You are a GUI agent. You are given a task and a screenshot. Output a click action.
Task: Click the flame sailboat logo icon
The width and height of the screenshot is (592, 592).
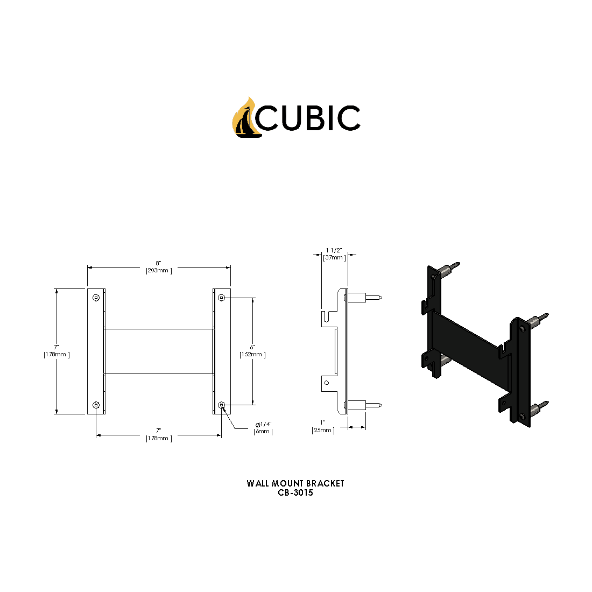[x=245, y=118]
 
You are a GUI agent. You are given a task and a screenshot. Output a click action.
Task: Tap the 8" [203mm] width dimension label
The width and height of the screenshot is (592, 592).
[x=159, y=267]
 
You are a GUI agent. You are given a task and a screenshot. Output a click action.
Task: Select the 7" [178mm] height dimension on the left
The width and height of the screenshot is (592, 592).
[x=57, y=351]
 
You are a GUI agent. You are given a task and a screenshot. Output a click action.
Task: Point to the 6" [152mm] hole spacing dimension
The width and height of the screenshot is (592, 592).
[x=252, y=351]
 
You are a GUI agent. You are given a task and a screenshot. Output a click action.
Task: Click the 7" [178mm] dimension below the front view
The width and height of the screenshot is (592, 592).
[x=159, y=435]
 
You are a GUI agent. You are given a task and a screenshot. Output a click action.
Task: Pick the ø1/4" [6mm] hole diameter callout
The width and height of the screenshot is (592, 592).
[x=263, y=428]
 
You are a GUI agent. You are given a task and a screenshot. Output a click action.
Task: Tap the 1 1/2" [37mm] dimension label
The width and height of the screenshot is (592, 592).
[x=334, y=254]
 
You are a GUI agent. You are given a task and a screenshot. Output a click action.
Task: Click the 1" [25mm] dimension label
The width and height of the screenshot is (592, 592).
[x=323, y=427]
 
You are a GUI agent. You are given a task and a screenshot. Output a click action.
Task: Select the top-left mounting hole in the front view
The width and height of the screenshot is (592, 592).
[x=96, y=298]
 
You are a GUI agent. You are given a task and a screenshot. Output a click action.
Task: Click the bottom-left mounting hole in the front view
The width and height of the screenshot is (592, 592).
[x=96, y=405]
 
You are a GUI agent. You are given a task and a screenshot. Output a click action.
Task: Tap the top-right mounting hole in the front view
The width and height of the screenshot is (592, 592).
[x=222, y=298]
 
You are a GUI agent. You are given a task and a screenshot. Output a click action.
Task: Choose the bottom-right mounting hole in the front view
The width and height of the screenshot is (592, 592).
[x=222, y=405]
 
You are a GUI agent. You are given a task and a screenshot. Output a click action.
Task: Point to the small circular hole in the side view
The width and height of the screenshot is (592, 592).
[x=326, y=383]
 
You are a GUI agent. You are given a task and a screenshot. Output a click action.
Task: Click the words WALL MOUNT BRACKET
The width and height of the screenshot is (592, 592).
[x=295, y=483]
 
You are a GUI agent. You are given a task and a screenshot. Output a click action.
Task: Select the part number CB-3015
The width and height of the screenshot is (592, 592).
[x=295, y=492]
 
